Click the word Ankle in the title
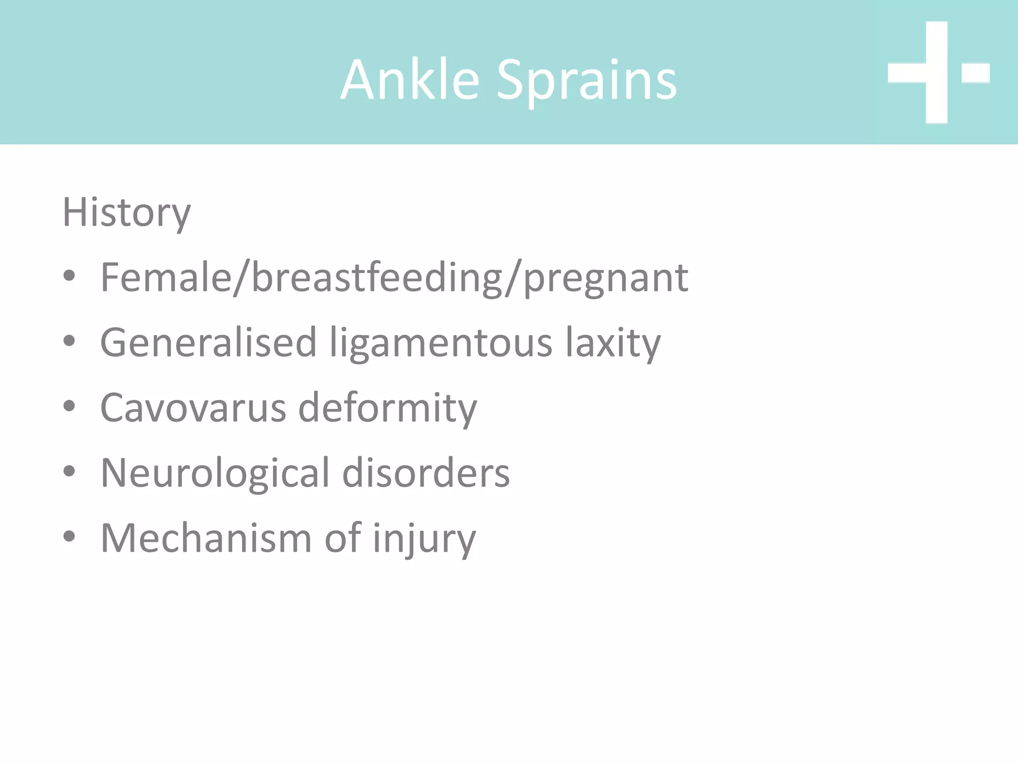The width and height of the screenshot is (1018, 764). tap(411, 80)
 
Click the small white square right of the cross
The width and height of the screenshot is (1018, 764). tap(975, 73)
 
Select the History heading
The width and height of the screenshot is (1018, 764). tap(126, 212)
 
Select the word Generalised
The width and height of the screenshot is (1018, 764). tap(208, 343)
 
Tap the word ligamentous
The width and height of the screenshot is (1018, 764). tap(441, 344)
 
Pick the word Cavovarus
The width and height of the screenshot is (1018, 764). tap(193, 408)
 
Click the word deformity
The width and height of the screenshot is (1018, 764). tap(387, 409)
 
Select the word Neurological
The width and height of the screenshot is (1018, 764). tap(215, 473)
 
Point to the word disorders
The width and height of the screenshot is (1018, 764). tap(426, 473)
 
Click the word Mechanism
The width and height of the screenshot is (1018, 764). tap(206, 538)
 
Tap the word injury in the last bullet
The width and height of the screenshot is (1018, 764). tap(424, 539)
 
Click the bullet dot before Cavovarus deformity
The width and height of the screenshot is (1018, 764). tap(69, 406)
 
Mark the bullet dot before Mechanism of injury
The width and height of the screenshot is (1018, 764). tap(69, 536)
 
